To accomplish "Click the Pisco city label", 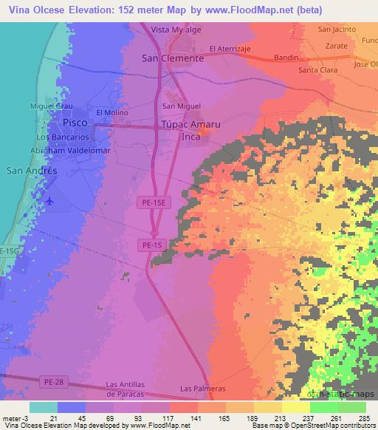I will coord(76,121).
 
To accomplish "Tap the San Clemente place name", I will coord(172,58).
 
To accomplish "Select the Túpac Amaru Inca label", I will coord(182,131).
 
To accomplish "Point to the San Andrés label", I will coord(32,170).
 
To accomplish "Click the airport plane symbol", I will coord(49,201).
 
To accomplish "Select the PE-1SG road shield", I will coord(8,252).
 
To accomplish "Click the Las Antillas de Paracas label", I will coord(132,388).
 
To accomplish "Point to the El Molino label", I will coord(107,112).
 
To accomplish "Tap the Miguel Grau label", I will coord(46,106).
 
